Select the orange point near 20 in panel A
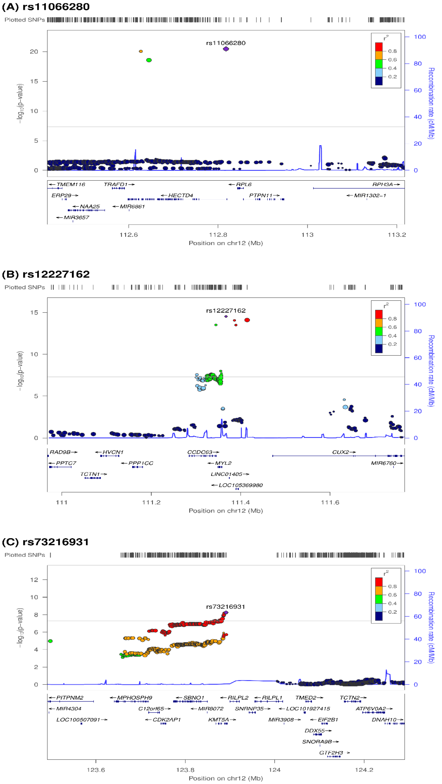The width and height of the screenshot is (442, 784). (141, 51)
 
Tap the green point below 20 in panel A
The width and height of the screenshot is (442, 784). (149, 60)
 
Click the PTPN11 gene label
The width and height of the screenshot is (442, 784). (261, 195)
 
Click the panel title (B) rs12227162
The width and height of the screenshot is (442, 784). (46, 274)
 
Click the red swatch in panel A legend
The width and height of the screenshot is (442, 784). (379, 47)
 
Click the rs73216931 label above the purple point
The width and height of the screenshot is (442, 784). (226, 607)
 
